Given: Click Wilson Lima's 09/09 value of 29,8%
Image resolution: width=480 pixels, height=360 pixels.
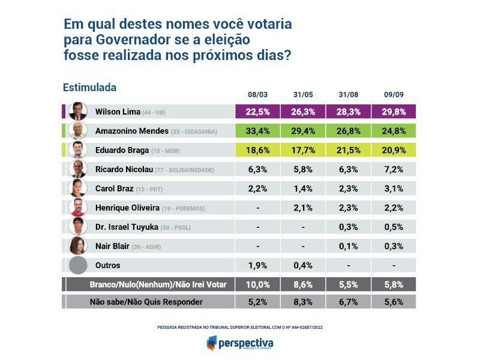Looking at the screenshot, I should point(394,112).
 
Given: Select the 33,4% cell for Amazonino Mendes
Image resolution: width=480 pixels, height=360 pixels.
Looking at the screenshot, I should point(258,131).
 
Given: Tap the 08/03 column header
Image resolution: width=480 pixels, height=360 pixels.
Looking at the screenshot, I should point(258,95).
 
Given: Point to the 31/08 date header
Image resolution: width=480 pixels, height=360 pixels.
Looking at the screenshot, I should point(349,95).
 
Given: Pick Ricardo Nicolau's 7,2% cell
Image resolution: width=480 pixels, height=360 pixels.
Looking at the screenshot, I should point(394,169).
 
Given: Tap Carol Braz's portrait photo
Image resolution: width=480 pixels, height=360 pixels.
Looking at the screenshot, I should point(77,188).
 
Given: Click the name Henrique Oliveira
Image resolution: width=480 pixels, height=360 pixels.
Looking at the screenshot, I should point(128,208).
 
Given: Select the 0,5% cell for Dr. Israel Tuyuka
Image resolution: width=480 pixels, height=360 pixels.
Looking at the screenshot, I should point(394,227).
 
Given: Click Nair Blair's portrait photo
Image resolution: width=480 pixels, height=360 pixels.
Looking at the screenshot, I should point(77,246).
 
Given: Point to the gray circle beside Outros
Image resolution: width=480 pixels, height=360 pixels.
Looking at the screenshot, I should point(78,265).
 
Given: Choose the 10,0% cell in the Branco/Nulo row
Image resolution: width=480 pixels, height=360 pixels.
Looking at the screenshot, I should point(258,284).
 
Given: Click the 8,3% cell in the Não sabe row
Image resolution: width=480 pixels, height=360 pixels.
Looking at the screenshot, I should point(304,302).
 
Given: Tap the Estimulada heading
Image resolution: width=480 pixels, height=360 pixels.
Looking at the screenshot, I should point(89,88).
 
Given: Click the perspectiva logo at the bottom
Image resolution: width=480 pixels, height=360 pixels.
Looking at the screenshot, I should point(239,344).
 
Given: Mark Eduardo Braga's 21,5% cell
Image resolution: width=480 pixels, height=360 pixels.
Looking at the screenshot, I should point(349,150).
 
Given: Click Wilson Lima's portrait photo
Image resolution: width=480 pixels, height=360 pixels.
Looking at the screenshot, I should point(77,112).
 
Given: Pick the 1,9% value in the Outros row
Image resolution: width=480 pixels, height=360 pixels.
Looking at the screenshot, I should point(258,265).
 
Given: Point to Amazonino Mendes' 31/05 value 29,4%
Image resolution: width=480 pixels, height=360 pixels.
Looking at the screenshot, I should point(304,131).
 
